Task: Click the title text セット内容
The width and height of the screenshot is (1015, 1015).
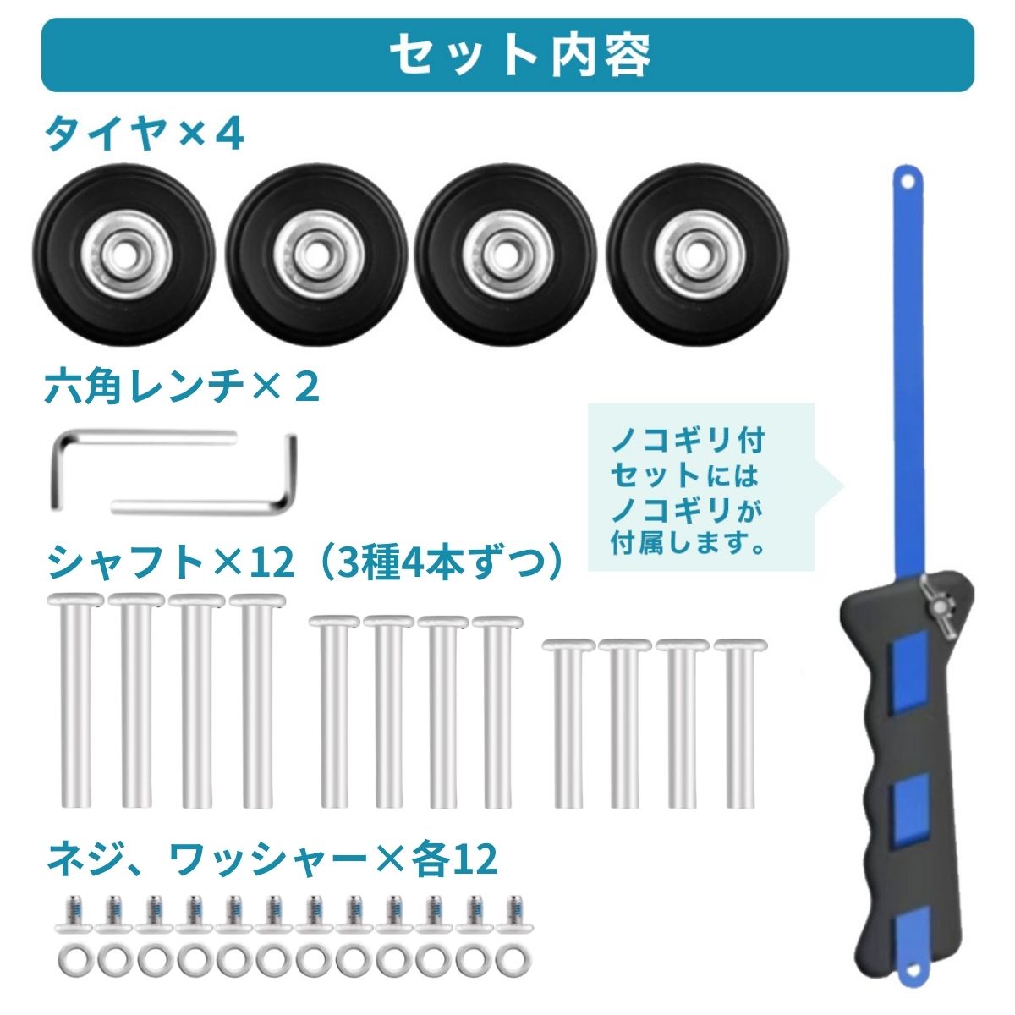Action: click(x=520, y=55)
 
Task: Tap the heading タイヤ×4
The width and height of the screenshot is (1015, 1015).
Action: click(x=144, y=134)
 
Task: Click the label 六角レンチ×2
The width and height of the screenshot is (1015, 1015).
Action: click(x=182, y=387)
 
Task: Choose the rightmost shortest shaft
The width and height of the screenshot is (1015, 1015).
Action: click(x=739, y=731)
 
